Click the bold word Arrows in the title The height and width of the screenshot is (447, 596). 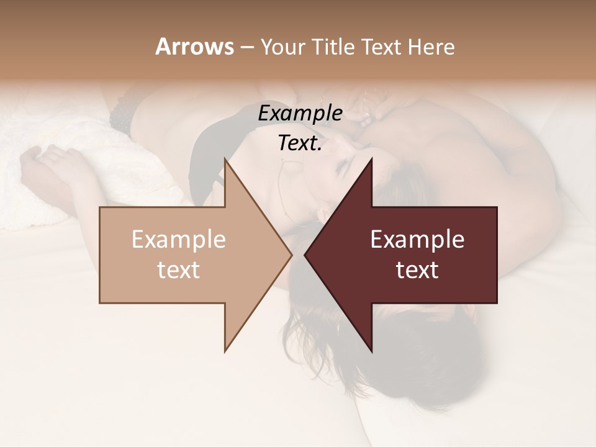click(194, 47)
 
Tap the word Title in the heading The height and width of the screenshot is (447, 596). click(333, 47)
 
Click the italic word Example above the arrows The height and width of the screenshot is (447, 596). click(300, 114)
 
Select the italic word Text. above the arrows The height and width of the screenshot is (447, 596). click(300, 143)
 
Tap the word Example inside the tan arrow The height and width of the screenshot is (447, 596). click(179, 239)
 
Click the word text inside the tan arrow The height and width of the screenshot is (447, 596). click(179, 270)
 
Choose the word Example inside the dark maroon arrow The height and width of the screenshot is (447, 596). click(417, 239)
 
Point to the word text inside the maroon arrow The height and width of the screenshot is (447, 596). click(417, 270)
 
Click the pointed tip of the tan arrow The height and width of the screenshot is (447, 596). click(291, 255)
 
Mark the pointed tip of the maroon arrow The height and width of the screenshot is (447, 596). click(305, 255)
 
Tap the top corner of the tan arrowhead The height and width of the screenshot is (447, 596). click(225, 160)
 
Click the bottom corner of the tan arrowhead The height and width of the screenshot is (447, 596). click(225, 351)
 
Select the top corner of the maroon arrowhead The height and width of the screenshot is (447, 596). click(371, 160)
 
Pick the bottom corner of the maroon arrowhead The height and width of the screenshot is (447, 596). click(371, 351)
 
